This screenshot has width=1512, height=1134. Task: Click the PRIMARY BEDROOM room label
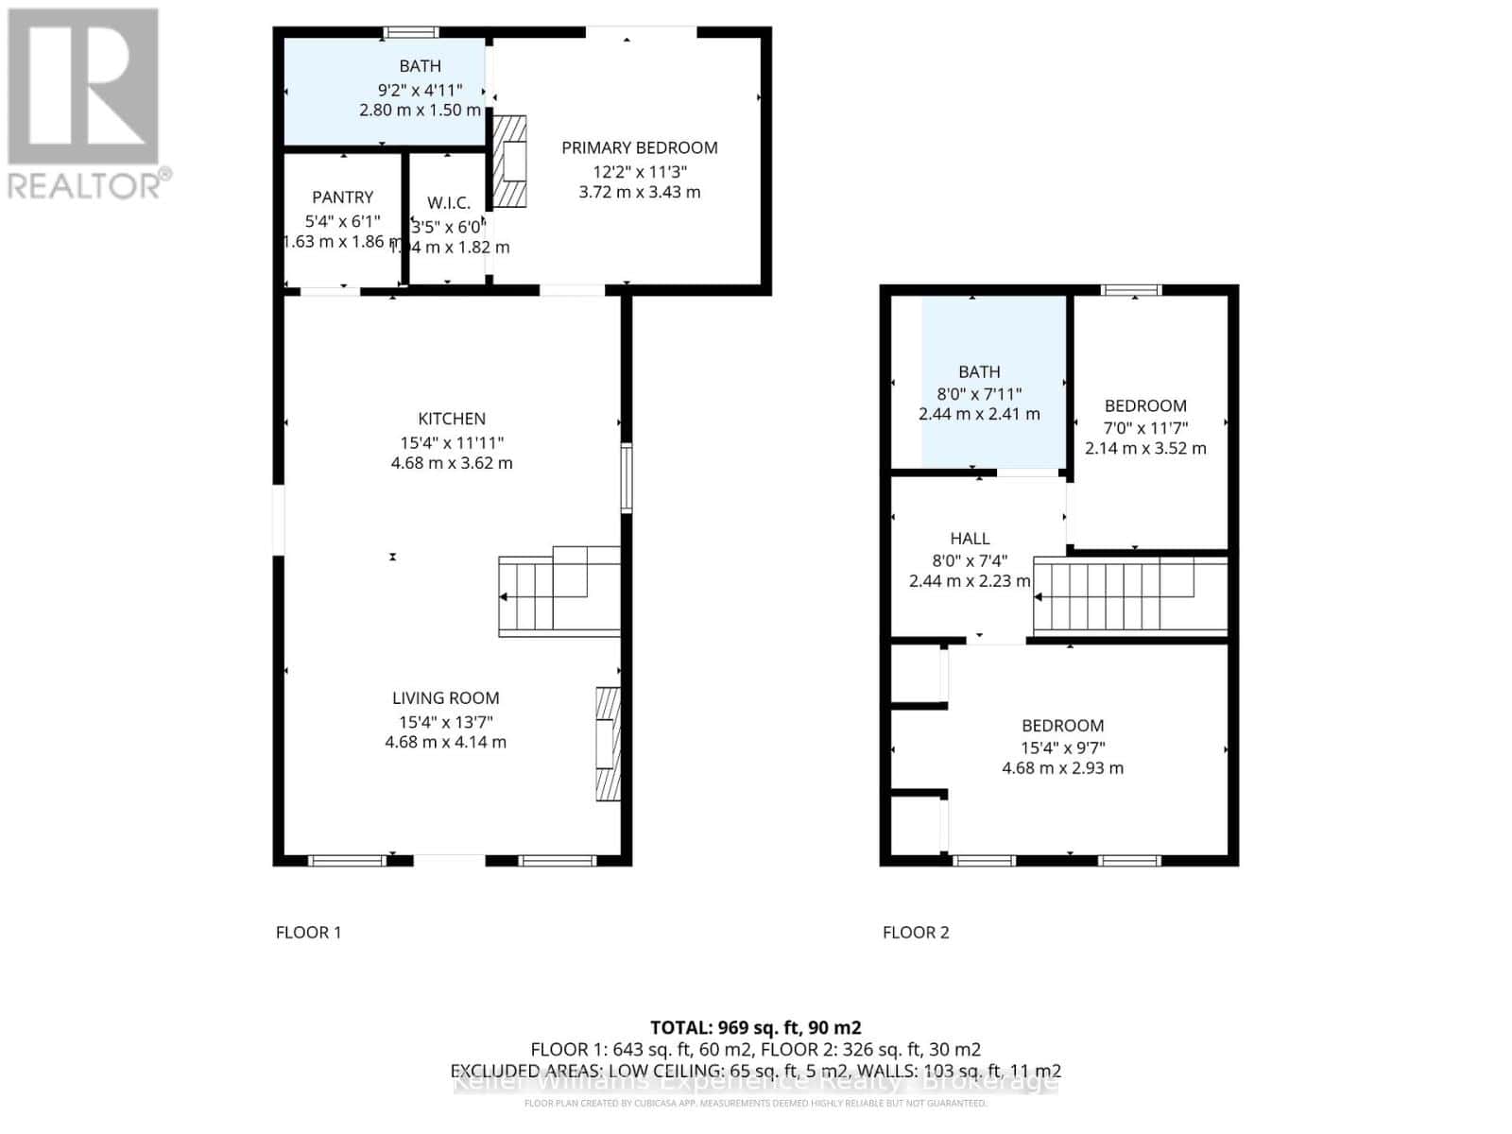coord(639,147)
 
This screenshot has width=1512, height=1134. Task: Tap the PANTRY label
coord(342,197)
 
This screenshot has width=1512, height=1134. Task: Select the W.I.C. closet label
coord(448,203)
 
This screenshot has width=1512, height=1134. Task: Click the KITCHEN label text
coord(452,419)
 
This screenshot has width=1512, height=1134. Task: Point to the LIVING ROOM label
coord(445,698)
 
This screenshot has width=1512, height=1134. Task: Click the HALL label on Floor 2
coord(970,539)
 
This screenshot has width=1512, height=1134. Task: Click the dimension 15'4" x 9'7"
coord(1063,747)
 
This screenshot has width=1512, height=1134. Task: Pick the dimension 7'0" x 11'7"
coord(1145,427)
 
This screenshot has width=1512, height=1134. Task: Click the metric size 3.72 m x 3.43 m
coord(639,192)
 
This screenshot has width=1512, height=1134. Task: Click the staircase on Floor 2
coord(1129,595)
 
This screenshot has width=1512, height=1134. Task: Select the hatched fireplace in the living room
coord(608,744)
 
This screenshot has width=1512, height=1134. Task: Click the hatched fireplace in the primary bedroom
coord(509,162)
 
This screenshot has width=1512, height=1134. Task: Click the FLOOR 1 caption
coord(308,933)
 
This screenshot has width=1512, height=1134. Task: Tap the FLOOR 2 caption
coord(915,933)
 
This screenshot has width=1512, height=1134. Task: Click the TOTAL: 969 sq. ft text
coord(755,1027)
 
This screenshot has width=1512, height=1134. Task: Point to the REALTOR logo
coord(85,104)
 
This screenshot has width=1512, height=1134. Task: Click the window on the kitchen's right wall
coord(626,479)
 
